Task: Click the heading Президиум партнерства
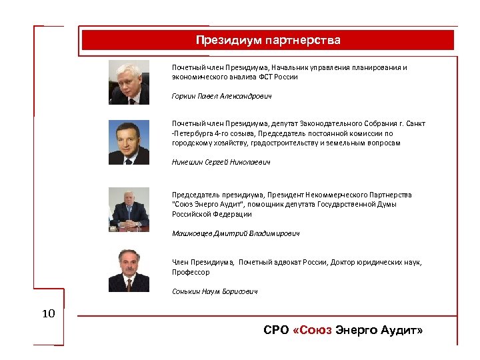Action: point(268,40)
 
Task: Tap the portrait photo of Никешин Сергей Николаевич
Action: point(129,142)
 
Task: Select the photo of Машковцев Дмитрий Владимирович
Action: point(129,209)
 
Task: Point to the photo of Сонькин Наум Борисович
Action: point(129,270)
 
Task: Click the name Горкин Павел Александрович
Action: point(221,96)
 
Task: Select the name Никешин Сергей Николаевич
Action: point(221,162)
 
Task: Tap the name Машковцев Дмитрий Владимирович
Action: point(235,233)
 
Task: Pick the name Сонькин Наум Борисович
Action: point(214,291)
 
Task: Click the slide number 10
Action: point(49,313)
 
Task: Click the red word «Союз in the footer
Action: point(312,331)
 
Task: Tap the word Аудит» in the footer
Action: point(401,331)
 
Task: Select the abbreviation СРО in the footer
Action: point(276,331)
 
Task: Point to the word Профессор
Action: point(191,272)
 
